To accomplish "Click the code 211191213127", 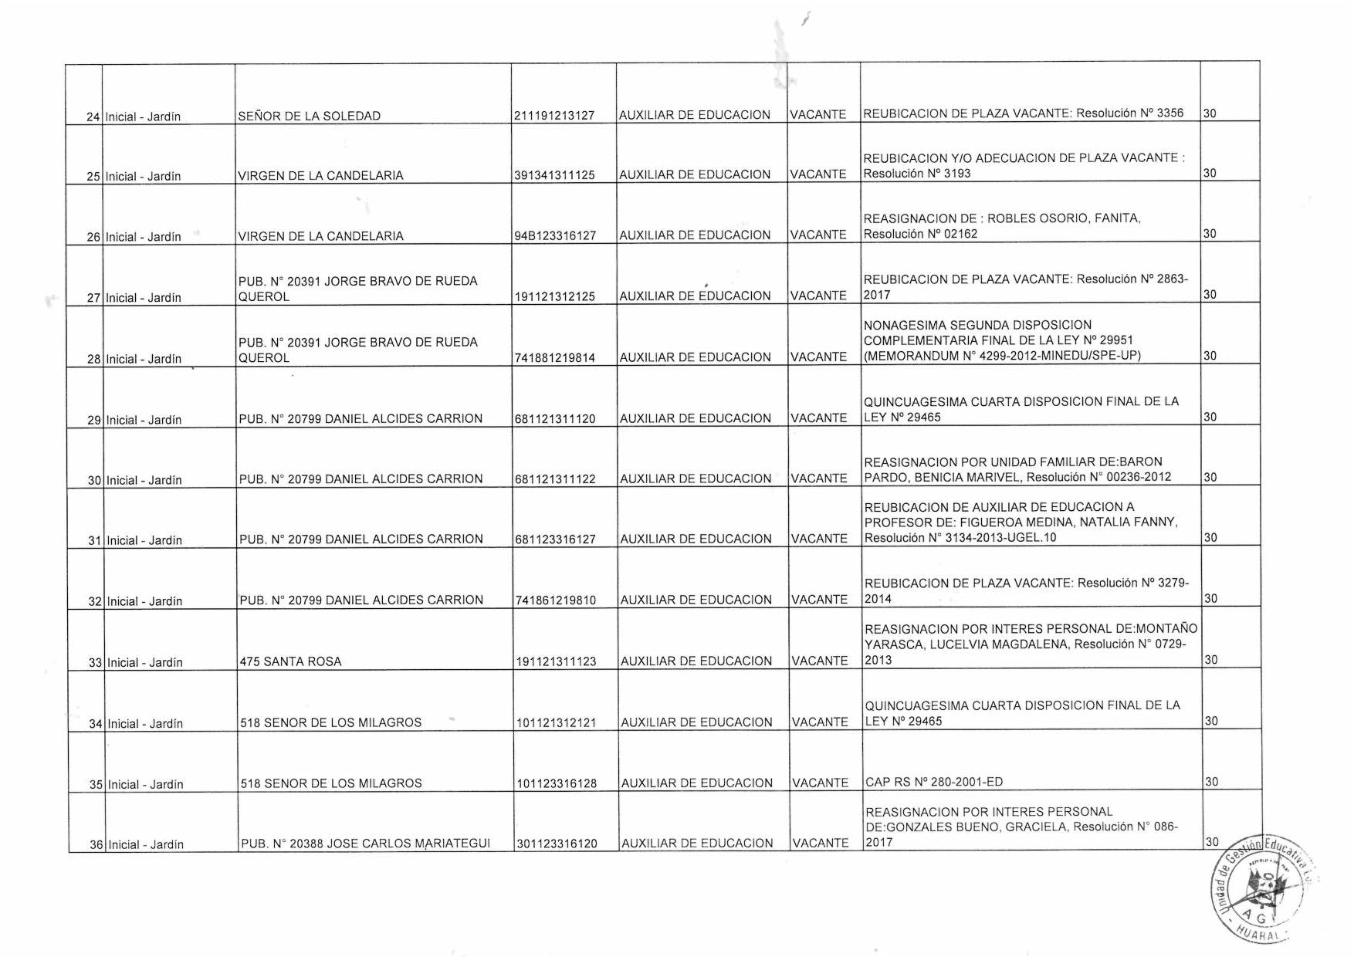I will (554, 116).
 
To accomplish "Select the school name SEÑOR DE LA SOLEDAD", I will (309, 117).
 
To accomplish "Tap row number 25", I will (93, 177).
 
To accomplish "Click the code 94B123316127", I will (555, 236).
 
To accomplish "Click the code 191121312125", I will (555, 296).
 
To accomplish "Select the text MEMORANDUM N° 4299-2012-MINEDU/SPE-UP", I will (1002, 356).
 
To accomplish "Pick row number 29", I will (94, 421).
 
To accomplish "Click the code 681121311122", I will (556, 479).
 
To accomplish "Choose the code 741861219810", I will (556, 600).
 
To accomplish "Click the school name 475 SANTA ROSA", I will (290, 661).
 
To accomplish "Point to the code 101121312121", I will (557, 723).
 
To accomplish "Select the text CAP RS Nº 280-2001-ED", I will (934, 783).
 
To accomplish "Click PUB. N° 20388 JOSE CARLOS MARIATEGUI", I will (365, 844).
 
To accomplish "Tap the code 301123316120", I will (557, 844).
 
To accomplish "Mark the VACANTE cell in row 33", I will (820, 661).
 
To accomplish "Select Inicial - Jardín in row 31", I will (144, 541).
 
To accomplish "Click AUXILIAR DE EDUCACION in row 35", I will (696, 783).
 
